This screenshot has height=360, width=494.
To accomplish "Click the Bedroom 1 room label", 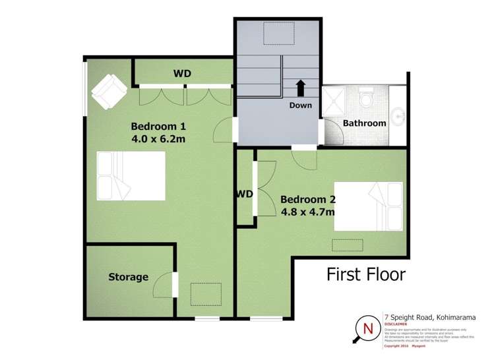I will [158, 126].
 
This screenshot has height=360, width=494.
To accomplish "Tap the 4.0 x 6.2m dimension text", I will [158, 139].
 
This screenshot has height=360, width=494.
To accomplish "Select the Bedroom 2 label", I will [309, 198].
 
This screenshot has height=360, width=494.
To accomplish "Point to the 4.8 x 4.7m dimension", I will [307, 212].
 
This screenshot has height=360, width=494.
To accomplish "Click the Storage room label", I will [128, 277].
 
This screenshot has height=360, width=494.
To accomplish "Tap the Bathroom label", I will [364, 123].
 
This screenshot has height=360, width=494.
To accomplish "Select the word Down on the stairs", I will [300, 105].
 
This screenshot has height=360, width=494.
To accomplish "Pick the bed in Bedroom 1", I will [131, 175].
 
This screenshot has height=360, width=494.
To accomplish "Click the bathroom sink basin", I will [398, 117].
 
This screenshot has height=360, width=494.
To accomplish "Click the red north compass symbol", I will [367, 328].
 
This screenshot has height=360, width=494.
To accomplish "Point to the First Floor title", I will [366, 274].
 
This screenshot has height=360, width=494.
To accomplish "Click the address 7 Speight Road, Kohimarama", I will [429, 316].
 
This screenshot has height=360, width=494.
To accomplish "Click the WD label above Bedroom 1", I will [182, 73].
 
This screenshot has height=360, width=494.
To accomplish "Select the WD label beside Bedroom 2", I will [245, 194].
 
